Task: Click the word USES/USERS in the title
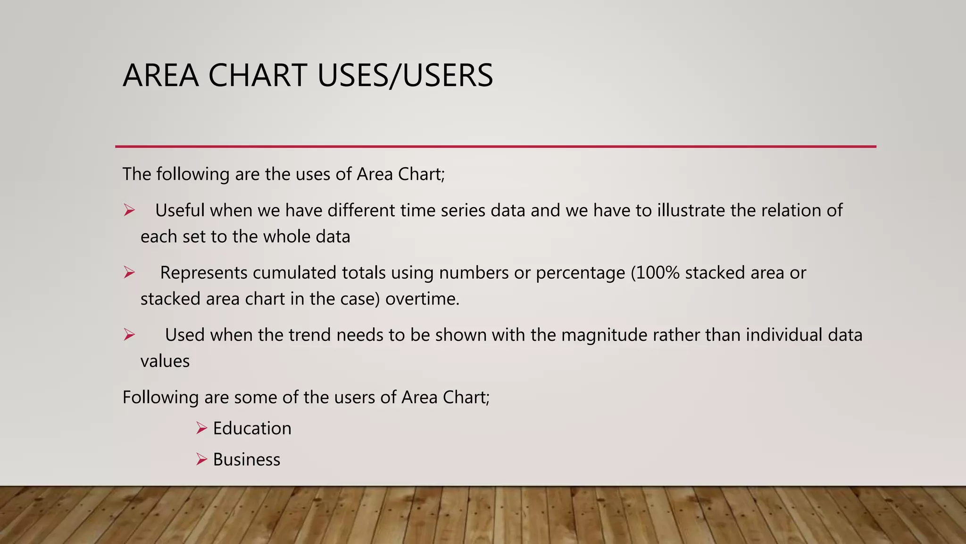[x=405, y=76]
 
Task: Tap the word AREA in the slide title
[x=160, y=76]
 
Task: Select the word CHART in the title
[x=258, y=76]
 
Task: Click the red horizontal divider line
[x=495, y=146]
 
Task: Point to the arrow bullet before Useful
[x=129, y=210]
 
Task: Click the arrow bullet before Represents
[x=129, y=272]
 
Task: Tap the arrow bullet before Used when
[x=129, y=335]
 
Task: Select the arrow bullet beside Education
[x=202, y=428]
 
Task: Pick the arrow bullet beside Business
[x=202, y=459]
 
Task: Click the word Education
[x=252, y=428]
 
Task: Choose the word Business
[x=246, y=459]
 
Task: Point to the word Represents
[x=204, y=272]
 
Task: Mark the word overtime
[x=422, y=299]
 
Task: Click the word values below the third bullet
[x=165, y=361]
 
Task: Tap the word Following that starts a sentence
[x=160, y=398]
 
